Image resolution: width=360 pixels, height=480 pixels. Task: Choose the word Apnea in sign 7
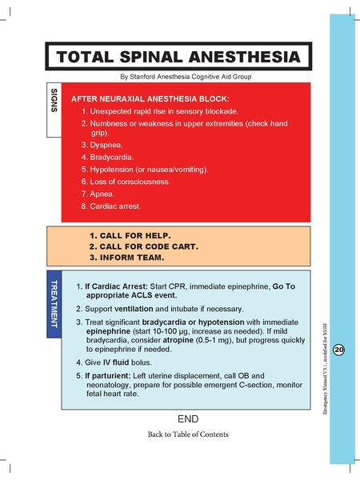[106, 194]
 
